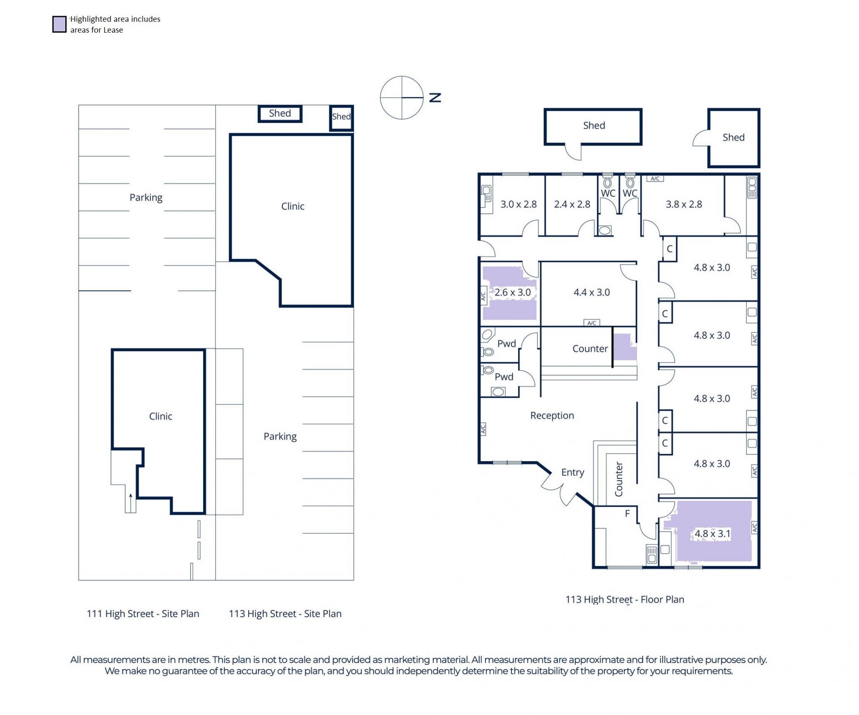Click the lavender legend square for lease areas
pos(60,24)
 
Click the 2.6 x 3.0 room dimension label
pos(513,292)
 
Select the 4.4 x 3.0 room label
pos(591,292)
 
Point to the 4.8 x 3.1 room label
pos(712,533)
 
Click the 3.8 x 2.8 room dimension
pos(684,204)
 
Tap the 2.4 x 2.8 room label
pos(572,204)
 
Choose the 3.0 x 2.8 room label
pos(519,204)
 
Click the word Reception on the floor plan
pos(552,416)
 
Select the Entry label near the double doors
pos(573,473)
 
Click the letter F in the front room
pos(627,514)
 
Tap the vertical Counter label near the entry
pos(619,479)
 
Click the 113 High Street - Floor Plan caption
pos(625,600)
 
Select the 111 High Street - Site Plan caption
pos(143,614)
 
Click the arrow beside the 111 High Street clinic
pos(131,503)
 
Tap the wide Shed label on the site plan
pos(280,114)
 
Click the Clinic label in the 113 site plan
pos(293,206)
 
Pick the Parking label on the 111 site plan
pos(146,198)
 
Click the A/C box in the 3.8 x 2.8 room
pos(655,178)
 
